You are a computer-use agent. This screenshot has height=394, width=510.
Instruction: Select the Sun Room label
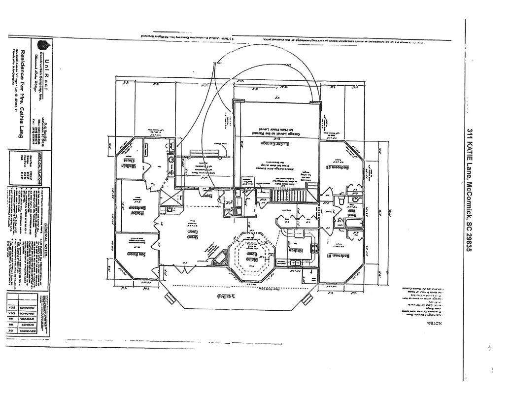click(136, 253)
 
